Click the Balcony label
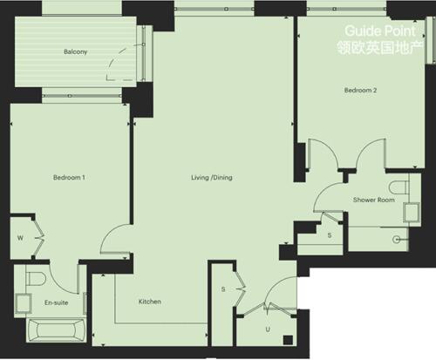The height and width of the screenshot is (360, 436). pos(75,51)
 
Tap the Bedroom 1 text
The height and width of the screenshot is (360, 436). pos(68,178)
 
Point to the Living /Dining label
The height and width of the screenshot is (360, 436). pos(212,178)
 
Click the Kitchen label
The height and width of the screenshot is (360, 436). pos(150,302)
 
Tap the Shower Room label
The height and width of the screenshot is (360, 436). pos(373,200)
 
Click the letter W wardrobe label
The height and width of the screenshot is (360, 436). pos(19,237)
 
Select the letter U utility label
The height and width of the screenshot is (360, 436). pos(267,329)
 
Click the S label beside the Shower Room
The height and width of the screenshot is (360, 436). pos(329,235)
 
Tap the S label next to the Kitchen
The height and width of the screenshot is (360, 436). pos(223,289)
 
